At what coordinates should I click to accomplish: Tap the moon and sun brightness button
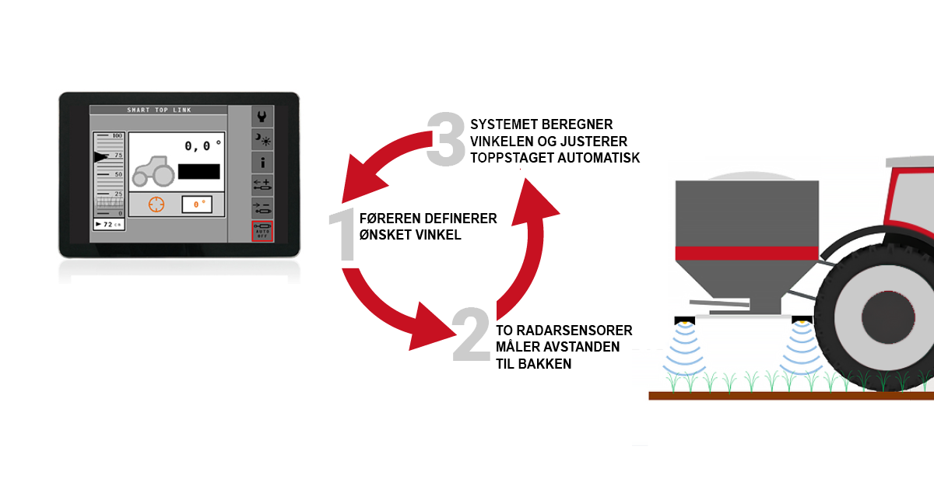(x=262, y=140)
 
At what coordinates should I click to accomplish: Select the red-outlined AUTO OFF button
(x=262, y=231)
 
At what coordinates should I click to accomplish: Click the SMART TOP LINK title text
(x=160, y=110)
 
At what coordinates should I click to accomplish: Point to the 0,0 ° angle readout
(x=202, y=145)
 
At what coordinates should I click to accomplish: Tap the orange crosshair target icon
(x=157, y=205)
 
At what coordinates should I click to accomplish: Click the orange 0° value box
(x=198, y=205)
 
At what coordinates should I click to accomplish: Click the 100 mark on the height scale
(x=118, y=136)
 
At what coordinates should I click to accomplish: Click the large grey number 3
(x=445, y=138)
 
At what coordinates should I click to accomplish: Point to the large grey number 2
(x=471, y=335)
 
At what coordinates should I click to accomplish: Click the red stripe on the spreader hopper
(x=746, y=253)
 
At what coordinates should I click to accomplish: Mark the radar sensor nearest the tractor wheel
(x=800, y=320)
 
